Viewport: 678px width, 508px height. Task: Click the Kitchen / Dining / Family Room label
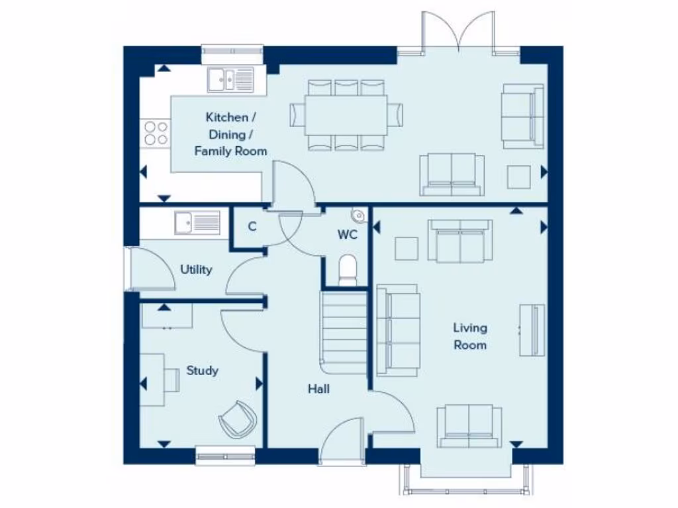click(230, 134)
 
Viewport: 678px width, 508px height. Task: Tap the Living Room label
click(470, 336)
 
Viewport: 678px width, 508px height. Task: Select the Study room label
click(202, 370)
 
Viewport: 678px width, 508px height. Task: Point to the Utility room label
click(197, 269)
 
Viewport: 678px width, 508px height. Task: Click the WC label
click(348, 235)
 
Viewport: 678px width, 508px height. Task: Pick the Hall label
click(318, 389)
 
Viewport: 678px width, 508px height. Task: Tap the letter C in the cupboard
click(252, 226)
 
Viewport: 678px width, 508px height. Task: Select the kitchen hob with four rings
click(156, 132)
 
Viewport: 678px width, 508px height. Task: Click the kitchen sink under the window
click(230, 79)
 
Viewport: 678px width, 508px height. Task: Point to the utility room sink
click(197, 222)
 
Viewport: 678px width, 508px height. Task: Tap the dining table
click(346, 114)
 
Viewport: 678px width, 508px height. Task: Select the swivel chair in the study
click(237, 418)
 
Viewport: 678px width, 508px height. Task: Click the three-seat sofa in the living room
click(397, 329)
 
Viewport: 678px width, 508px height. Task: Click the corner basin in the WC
click(358, 215)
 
